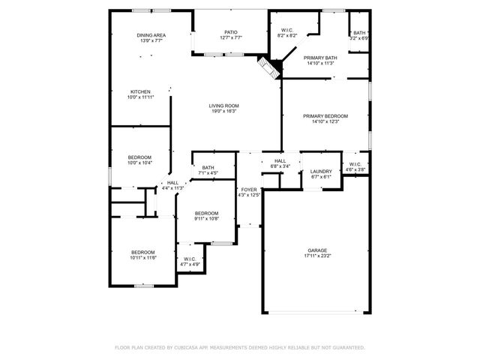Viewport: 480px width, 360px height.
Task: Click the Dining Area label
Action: pyautogui.click(x=151, y=35)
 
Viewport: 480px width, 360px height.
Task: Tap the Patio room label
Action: pyautogui.click(x=231, y=32)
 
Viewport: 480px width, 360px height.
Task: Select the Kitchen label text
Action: pyautogui.click(x=140, y=91)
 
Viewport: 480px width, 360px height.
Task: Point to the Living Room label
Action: pyautogui.click(x=223, y=106)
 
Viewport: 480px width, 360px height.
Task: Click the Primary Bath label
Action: pyautogui.click(x=320, y=58)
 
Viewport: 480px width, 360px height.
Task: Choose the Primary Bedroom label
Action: pyautogui.click(x=325, y=115)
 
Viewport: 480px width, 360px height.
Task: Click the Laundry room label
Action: pyautogui.click(x=321, y=172)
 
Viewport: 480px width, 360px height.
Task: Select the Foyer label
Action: pyautogui.click(x=248, y=190)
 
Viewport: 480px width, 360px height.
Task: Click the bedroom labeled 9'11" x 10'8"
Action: pyautogui.click(x=206, y=213)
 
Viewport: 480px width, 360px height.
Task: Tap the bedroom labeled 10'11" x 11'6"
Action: pyautogui.click(x=142, y=252)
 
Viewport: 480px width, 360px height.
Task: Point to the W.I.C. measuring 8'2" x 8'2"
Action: pyautogui.click(x=287, y=31)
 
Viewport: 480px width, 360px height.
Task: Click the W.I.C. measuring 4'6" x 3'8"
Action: pyautogui.click(x=355, y=165)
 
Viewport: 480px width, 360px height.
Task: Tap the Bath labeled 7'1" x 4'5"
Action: pyautogui.click(x=208, y=167)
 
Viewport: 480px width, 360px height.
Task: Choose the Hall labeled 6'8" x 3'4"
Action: pyautogui.click(x=280, y=160)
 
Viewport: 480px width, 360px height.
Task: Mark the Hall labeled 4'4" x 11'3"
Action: pyautogui.click(x=173, y=182)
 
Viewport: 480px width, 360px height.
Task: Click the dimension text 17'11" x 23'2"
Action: pyautogui.click(x=317, y=256)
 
